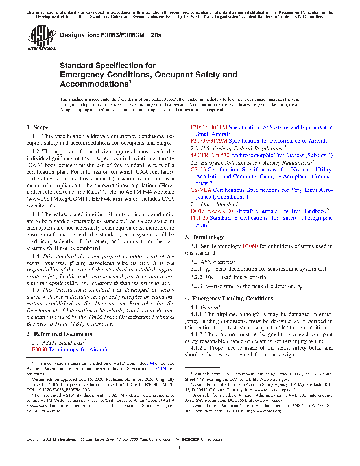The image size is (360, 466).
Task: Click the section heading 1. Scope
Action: (38, 127)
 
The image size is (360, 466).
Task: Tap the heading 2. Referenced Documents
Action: (59, 334)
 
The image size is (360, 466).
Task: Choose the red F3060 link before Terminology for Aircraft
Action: (39, 350)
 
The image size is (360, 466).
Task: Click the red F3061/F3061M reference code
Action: (209, 127)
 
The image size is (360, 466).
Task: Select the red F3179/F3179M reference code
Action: (209, 141)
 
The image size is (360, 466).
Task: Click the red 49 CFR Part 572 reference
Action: (210, 155)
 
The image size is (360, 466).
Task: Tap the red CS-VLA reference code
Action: (201, 190)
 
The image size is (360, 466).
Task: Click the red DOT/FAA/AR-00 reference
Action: (212, 211)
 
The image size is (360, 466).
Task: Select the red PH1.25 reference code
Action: (199, 218)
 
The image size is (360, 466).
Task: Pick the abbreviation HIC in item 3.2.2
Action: (210, 277)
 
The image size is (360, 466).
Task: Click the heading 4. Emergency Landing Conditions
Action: (229, 299)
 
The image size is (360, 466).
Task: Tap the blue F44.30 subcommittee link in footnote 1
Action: (161, 369)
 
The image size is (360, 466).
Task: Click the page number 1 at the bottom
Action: (180, 447)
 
